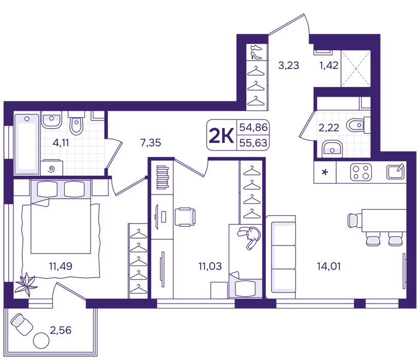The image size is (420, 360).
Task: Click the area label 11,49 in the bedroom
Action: [61, 266]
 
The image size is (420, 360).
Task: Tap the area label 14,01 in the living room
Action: [328, 266]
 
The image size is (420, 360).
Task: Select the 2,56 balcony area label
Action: [61, 330]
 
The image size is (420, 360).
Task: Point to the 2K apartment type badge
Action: [221, 135]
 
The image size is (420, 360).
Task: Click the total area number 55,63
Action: [253, 143]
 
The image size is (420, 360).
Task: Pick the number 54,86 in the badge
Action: [253, 128]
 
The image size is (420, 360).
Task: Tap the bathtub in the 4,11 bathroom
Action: [27, 144]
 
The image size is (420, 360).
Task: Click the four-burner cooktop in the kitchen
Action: [361, 172]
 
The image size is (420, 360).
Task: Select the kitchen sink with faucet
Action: [395, 172]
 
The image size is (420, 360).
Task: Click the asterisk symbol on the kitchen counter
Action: [325, 172]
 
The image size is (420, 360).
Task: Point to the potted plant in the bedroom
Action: [26, 284]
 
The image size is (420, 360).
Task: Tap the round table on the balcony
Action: [41, 340]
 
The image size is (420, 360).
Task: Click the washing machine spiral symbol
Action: [52, 169]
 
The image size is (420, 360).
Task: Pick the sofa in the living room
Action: [281, 257]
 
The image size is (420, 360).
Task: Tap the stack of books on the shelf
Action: [162, 177]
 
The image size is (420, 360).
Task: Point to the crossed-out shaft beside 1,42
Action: [356, 68]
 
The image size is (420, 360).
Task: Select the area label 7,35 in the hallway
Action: [151, 143]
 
